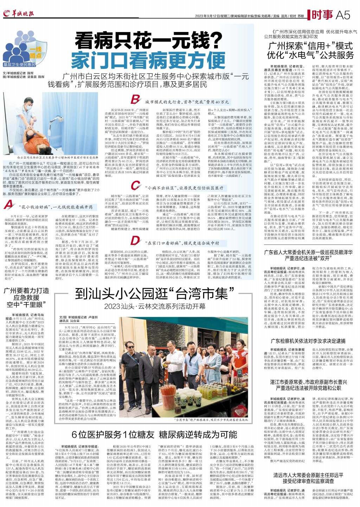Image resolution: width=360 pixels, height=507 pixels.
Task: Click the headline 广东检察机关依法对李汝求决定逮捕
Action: (308, 341)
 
